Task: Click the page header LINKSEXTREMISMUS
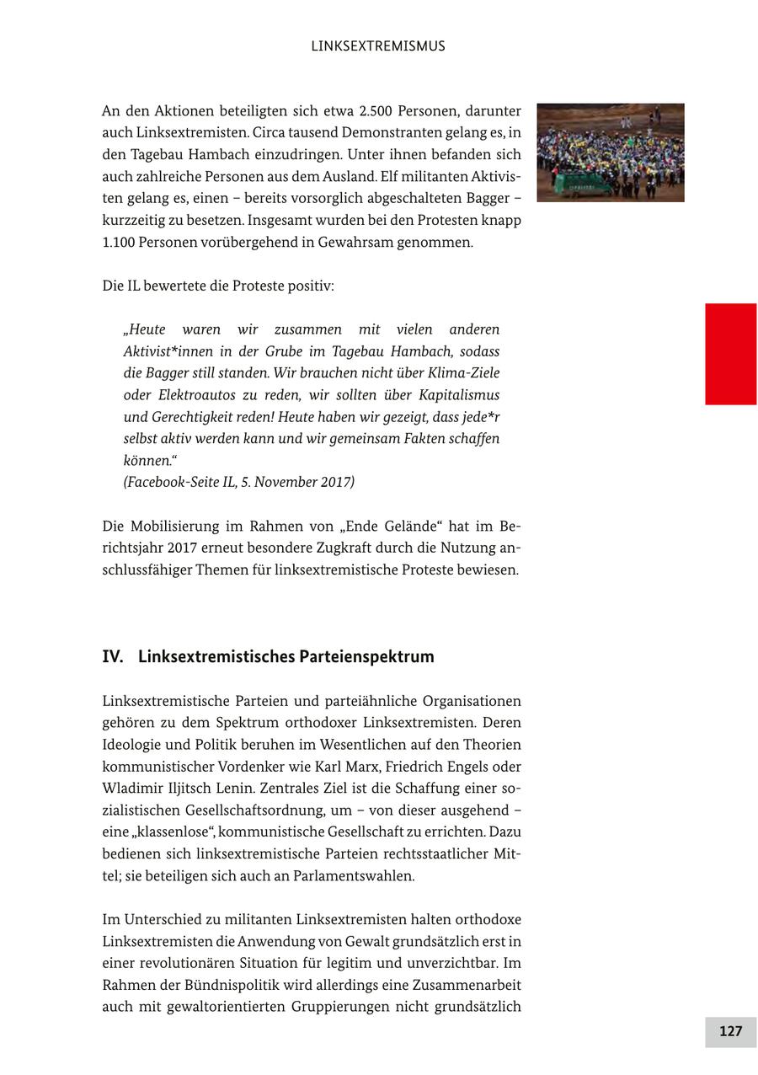[x=378, y=46]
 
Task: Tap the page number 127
[x=730, y=1031]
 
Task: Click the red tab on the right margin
[x=730, y=354]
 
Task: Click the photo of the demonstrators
[x=610, y=152]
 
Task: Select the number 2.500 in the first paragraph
[x=376, y=111]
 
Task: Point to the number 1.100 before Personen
[x=121, y=243]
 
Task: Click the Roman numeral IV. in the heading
[x=113, y=656]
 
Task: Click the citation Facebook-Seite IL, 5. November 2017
[x=239, y=482]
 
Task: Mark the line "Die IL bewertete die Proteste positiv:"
[x=218, y=286]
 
